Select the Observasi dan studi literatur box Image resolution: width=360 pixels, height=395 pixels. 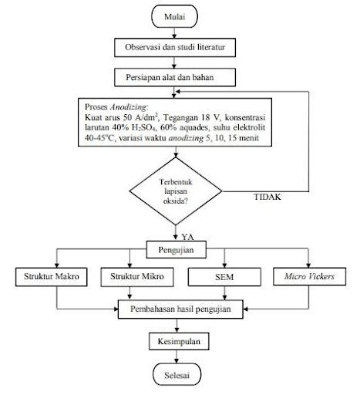pyautogui.click(x=180, y=47)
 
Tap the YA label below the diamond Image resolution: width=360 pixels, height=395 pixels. pyautogui.click(x=187, y=237)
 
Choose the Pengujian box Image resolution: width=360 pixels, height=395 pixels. pyautogui.click(x=180, y=249)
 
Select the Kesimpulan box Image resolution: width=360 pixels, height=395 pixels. pyautogui.click(x=180, y=340)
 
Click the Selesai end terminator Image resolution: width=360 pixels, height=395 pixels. pyautogui.click(x=180, y=375)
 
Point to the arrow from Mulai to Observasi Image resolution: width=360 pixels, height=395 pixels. pyautogui.click(x=180, y=32)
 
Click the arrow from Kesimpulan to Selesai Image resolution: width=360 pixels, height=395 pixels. pyautogui.click(x=180, y=356)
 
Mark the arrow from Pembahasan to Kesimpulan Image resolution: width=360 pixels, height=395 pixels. pyautogui.click(x=180, y=325)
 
